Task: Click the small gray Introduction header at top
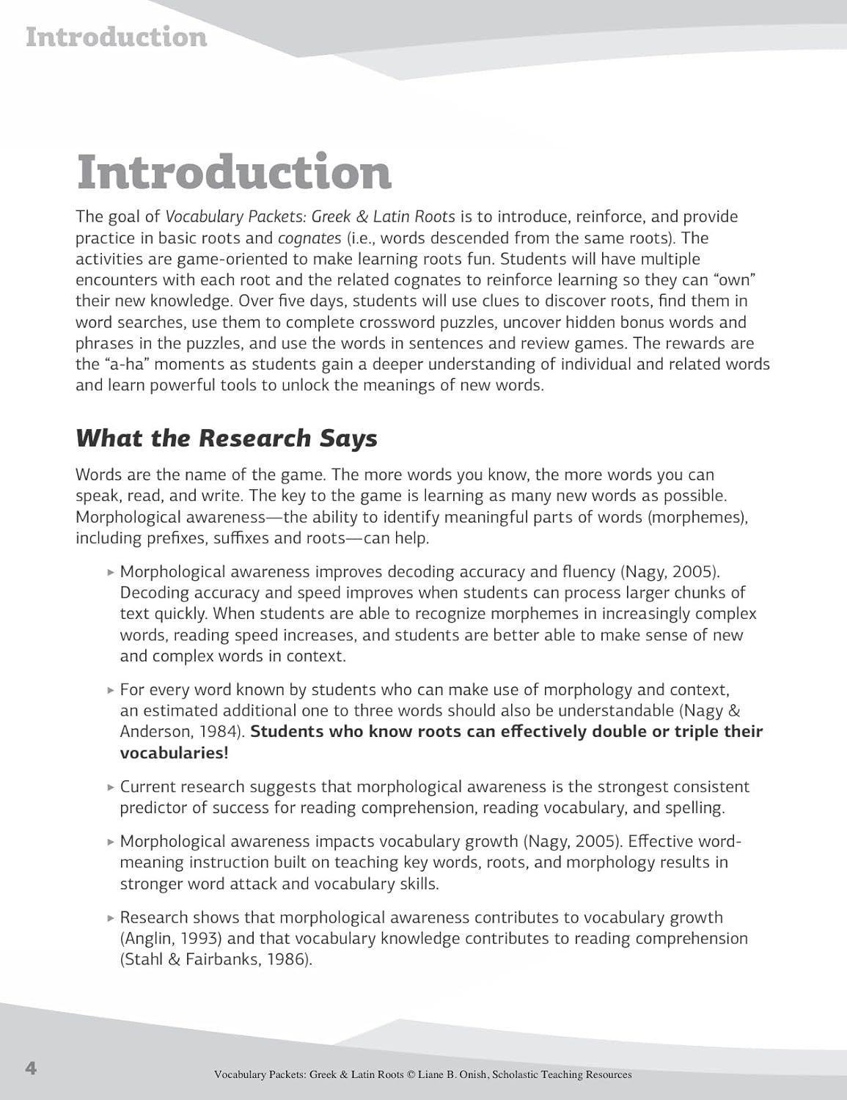[x=116, y=37]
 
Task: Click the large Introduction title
[x=234, y=172]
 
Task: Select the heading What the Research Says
[x=226, y=438]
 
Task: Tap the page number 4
[x=30, y=1068]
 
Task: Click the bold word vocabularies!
[x=175, y=753]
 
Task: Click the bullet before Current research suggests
[x=110, y=788]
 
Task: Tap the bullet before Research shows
[x=110, y=918]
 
